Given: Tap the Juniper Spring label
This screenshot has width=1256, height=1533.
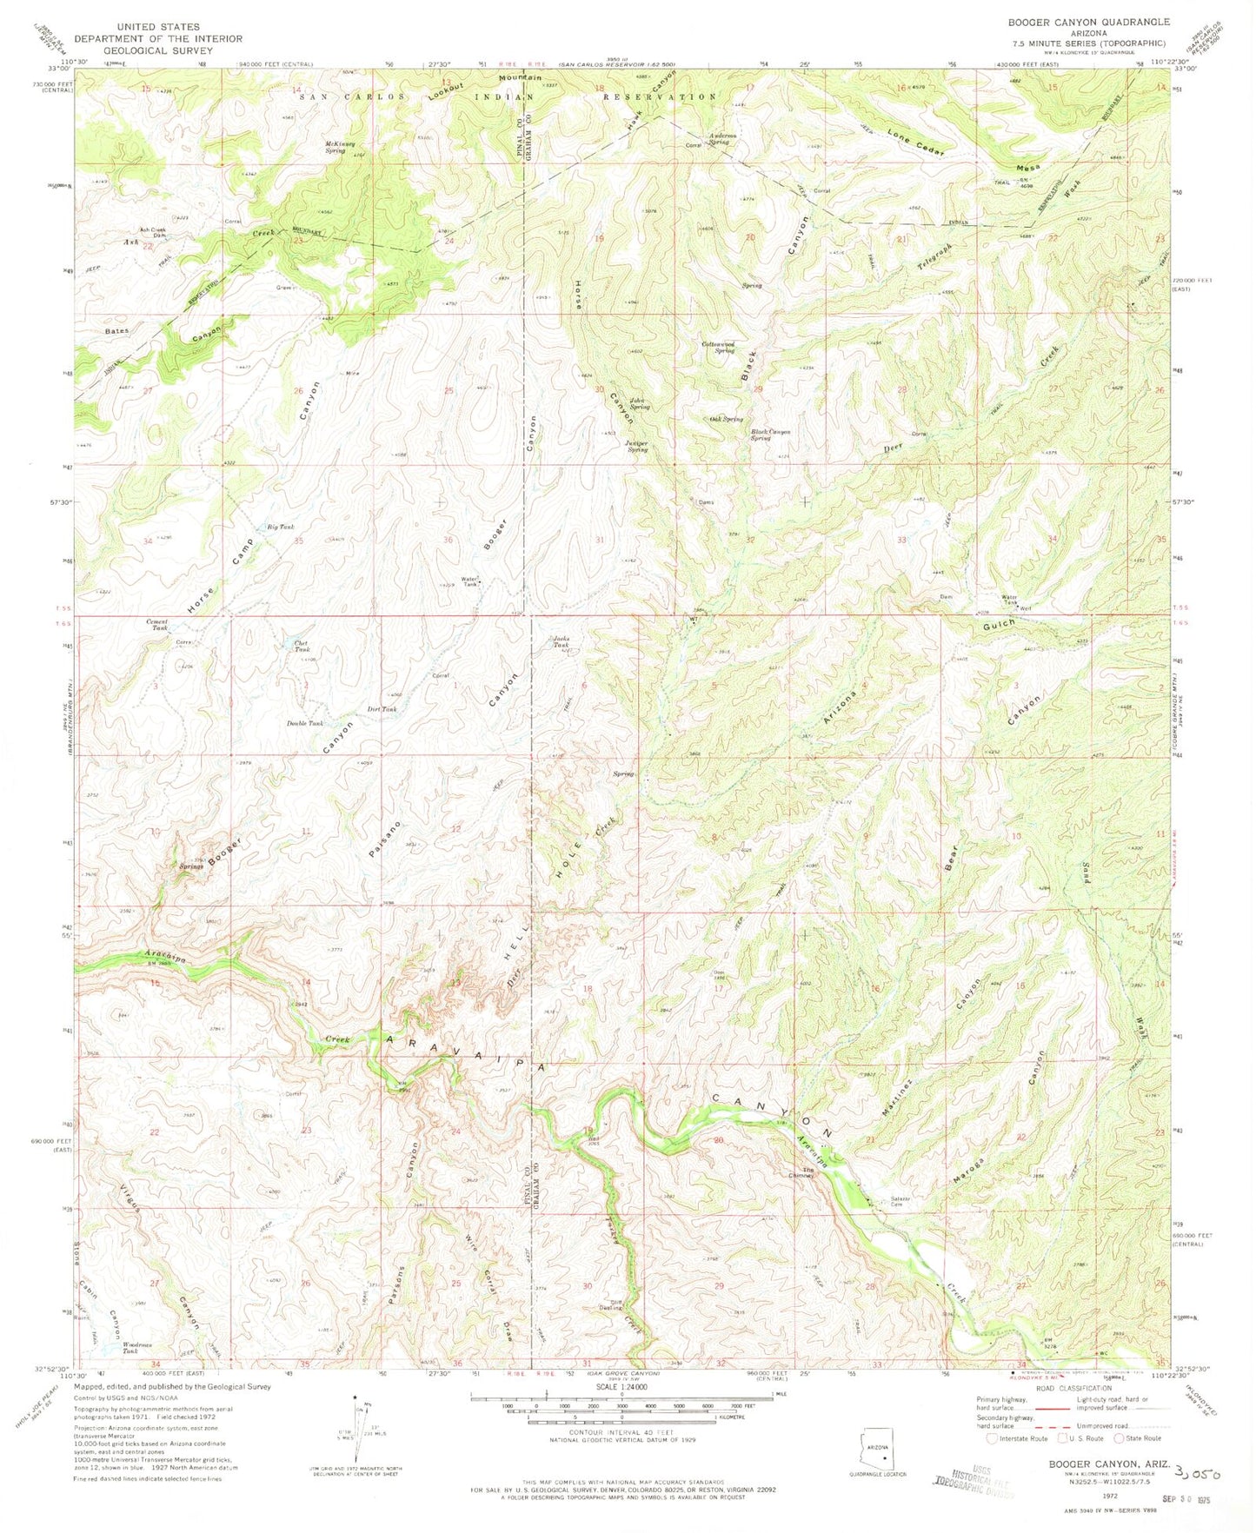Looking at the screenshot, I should (x=637, y=447).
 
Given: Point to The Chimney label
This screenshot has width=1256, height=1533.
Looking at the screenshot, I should (x=808, y=1173).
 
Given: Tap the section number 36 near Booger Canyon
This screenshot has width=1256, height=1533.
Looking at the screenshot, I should (x=449, y=540).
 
